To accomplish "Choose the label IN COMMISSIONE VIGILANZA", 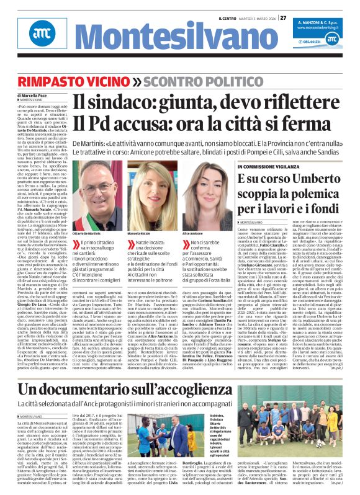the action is pyautogui.click(x=261, y=167).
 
